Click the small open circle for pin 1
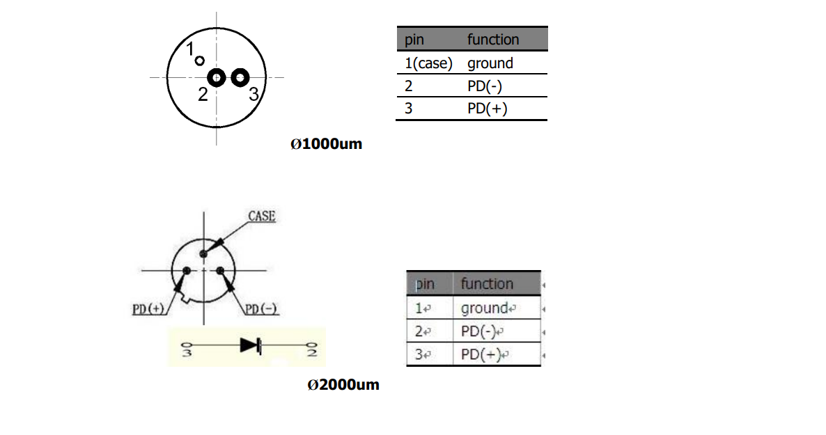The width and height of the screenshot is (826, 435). (x=200, y=61)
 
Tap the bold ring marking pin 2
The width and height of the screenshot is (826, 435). (x=217, y=78)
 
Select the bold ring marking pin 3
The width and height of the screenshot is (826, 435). (x=240, y=78)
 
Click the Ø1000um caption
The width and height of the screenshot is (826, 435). (x=326, y=145)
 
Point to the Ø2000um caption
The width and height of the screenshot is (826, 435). (x=343, y=384)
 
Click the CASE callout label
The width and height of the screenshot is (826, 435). (x=262, y=216)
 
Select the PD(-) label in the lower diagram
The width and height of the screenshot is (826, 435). (x=262, y=309)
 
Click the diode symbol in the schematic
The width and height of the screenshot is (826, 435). (x=250, y=345)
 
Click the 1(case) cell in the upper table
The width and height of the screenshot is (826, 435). (x=428, y=63)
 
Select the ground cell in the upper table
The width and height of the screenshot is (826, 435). (x=490, y=63)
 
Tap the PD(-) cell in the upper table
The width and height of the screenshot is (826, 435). (x=486, y=86)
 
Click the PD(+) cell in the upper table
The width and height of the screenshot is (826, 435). (x=487, y=109)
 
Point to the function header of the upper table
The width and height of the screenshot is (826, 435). (x=492, y=40)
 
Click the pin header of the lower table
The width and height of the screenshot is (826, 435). (x=424, y=284)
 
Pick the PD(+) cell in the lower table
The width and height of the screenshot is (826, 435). (x=482, y=354)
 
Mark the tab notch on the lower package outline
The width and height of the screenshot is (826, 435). (x=185, y=300)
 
